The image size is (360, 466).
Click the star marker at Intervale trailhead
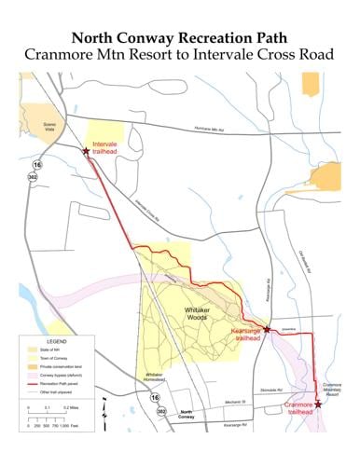86,151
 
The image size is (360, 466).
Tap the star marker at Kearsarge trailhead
267,329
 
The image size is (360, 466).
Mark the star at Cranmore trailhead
319,404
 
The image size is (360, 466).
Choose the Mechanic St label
215,399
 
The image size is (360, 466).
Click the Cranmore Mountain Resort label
333,389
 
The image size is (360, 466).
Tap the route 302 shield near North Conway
161,410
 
